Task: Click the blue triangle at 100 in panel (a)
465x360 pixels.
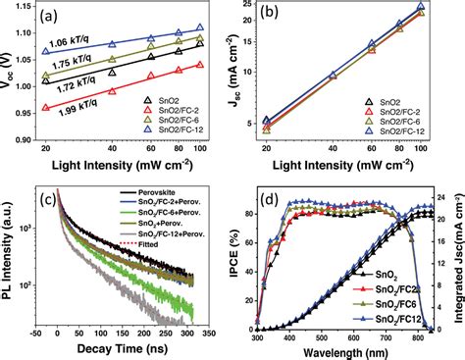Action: tap(200, 28)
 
